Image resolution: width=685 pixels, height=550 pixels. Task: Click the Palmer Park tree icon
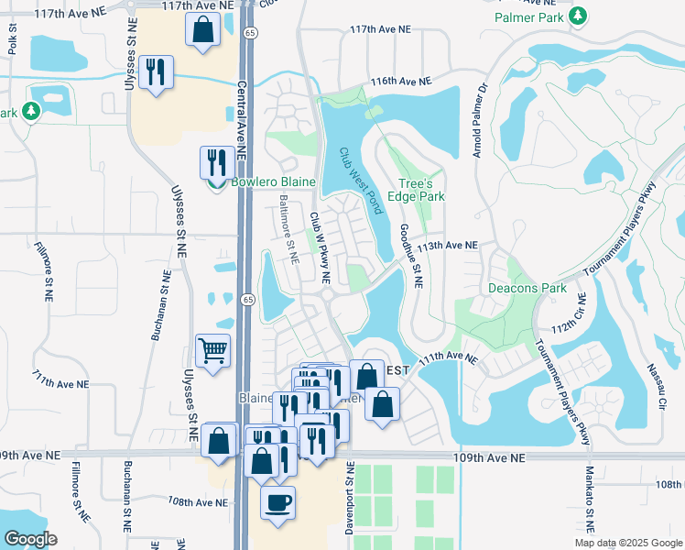coord(578,16)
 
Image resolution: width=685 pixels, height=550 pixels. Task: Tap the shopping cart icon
coord(212,349)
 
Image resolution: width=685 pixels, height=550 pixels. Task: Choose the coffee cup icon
coord(278,501)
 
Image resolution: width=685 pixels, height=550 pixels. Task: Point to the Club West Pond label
coord(359,181)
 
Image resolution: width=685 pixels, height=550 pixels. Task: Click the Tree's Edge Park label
coord(422,189)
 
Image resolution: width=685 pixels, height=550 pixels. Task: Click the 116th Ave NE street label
coord(401,82)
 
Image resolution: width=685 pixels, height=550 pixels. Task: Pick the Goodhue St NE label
coord(409,258)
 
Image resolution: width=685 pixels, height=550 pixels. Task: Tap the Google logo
coord(31,539)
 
